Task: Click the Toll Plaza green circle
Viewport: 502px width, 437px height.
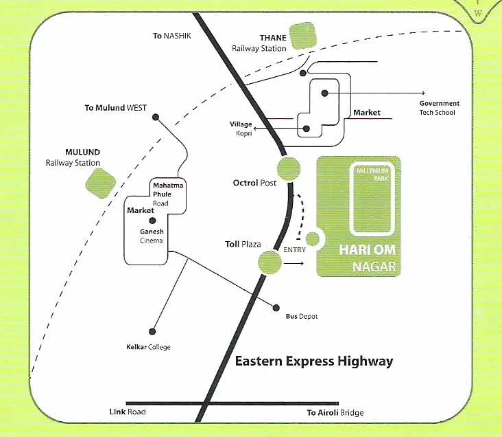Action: [270, 262]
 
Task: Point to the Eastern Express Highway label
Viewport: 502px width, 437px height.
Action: [314, 361]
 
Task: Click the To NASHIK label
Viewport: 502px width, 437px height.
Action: [172, 35]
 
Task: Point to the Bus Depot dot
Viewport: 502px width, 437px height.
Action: [278, 307]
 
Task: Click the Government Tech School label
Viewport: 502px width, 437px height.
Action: [440, 108]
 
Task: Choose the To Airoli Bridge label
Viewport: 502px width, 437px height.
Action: [335, 413]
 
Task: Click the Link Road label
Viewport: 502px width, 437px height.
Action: [128, 412]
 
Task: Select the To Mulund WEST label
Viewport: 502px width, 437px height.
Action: [115, 108]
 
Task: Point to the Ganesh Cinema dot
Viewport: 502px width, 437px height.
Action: [153, 221]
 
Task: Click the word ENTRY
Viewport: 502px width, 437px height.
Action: [294, 249]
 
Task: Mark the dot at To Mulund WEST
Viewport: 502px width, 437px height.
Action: [156, 117]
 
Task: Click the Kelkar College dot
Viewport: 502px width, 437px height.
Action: [152, 330]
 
